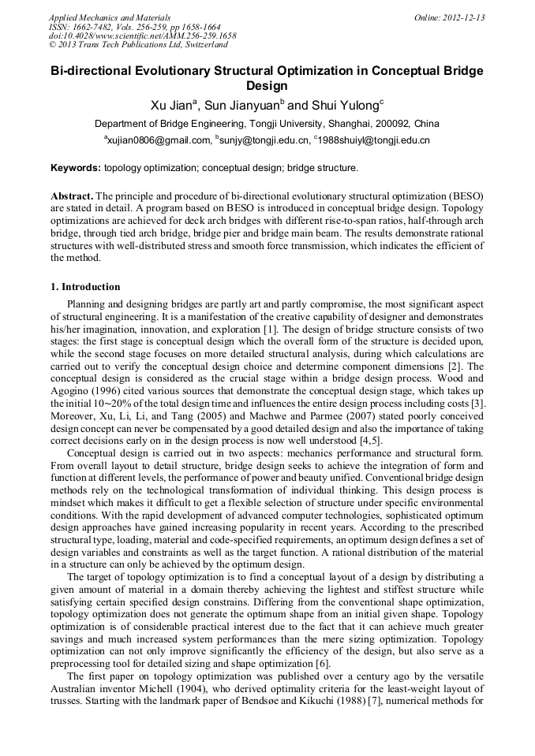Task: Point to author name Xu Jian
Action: (x=171, y=105)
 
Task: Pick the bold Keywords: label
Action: (x=76, y=168)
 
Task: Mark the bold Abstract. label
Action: (x=73, y=195)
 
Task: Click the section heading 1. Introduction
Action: (x=86, y=287)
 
